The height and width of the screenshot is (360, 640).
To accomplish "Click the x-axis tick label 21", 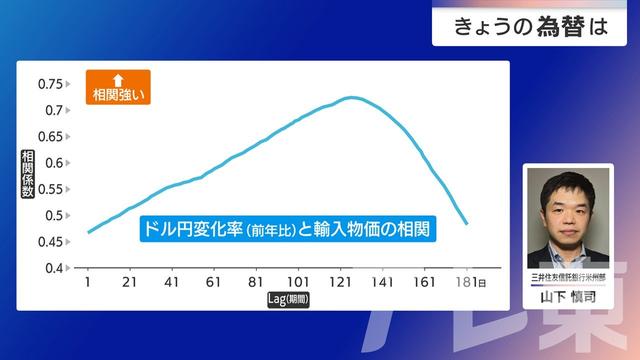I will [x=129, y=283].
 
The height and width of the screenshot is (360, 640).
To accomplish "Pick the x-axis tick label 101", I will [x=297, y=283].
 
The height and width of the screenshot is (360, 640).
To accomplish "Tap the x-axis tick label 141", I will [x=381, y=283].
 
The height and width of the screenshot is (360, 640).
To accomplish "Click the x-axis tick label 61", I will [x=213, y=283].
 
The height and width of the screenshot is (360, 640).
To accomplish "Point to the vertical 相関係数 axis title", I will [x=28, y=176].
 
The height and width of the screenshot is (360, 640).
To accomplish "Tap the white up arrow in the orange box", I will [x=117, y=79].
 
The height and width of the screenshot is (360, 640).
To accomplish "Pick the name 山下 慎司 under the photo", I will [x=568, y=297].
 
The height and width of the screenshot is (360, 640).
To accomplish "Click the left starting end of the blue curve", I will [x=88, y=232].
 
